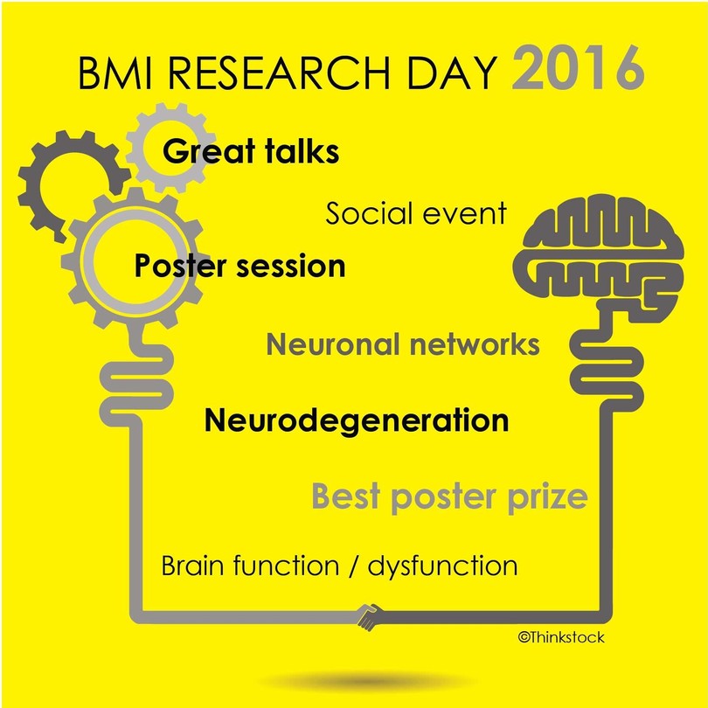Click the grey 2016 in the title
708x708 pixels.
click(578, 67)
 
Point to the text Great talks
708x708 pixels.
click(251, 151)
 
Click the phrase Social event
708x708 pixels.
click(416, 213)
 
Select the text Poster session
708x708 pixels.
click(240, 266)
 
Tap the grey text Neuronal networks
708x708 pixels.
click(403, 344)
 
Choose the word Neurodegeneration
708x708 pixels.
click(357, 421)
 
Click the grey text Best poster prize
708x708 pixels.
click(450, 497)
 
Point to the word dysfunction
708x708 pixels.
click(442, 566)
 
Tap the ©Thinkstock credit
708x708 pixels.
click(561, 637)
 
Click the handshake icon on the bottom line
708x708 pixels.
click(370, 617)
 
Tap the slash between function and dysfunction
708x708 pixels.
click(353, 566)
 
